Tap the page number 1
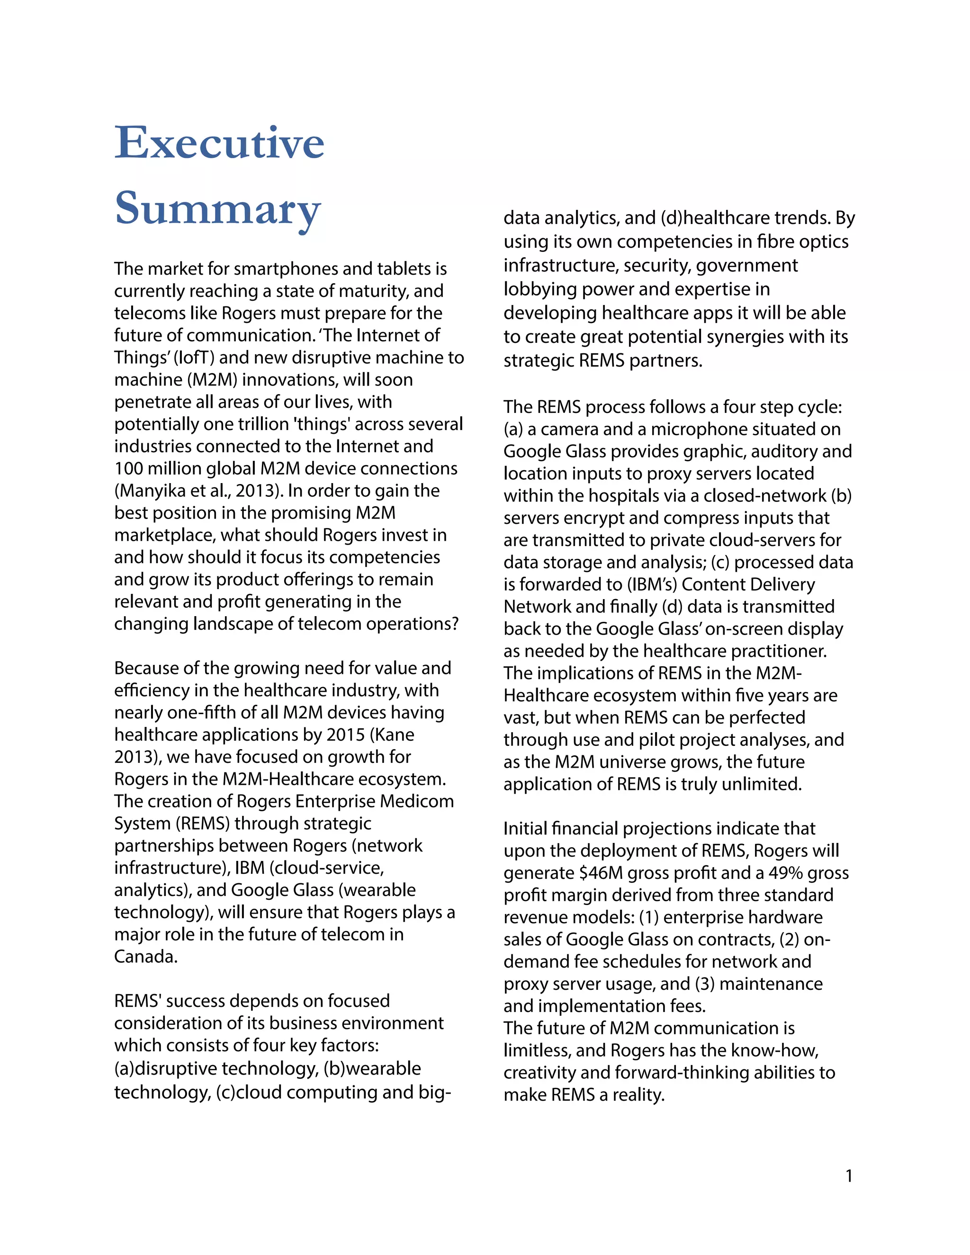849,1176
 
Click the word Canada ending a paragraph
145,956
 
